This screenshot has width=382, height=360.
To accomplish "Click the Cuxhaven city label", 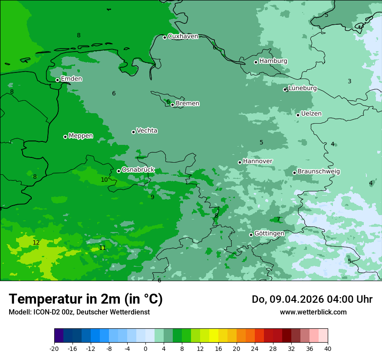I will point(183,36).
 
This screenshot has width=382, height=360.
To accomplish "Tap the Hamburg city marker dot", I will point(256,62).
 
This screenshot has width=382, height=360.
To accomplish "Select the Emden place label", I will point(71,79).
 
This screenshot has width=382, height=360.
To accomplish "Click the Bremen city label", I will point(188,104).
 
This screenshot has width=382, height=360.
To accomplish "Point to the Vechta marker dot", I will point(133,132).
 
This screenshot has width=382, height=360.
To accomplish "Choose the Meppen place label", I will point(81,136).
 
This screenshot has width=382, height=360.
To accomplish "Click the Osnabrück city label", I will point(138,170).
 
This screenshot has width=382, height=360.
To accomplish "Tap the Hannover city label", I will point(258,161).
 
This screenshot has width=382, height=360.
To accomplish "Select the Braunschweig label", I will point(319,172).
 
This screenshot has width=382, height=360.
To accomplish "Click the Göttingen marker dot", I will point(251,235).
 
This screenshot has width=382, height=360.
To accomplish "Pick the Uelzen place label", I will point(311,114).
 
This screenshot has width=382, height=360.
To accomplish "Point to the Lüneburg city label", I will point(303,88).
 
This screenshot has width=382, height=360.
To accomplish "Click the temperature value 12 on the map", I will point(36,242).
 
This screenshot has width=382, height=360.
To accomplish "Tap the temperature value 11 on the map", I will point(102,248).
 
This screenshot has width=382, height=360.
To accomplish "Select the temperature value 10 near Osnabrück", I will point(104,180).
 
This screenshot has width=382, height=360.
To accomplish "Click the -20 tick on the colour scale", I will point(54,348).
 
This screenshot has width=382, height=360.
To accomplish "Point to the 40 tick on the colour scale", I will point(327,348).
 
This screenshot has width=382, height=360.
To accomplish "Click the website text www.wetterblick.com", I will point(313,312).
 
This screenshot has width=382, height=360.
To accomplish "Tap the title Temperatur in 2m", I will point(86,299).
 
